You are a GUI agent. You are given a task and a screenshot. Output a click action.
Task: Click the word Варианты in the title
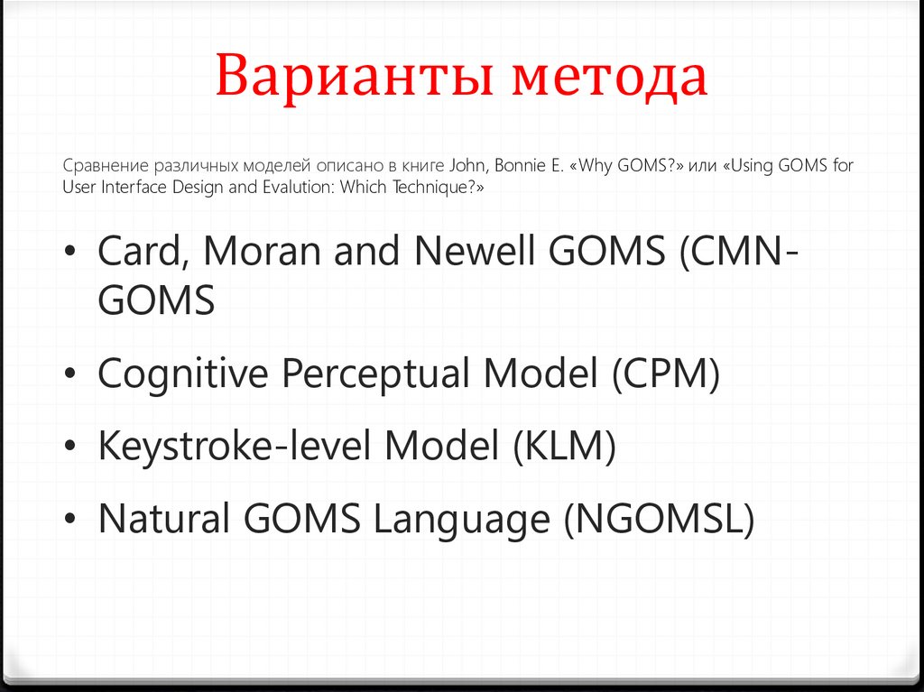[354, 76]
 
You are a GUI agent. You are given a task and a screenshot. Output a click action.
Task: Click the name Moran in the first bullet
[263, 251]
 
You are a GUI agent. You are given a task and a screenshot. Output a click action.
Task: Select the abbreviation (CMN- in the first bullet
[740, 252]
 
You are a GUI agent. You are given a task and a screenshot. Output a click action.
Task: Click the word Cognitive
[182, 374]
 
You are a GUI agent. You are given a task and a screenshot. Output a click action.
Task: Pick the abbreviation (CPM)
[666, 374]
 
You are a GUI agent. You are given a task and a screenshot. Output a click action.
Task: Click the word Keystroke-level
[235, 446]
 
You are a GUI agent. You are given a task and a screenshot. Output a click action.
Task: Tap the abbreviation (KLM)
[565, 446]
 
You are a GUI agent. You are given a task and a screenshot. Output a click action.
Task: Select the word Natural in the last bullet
[163, 519]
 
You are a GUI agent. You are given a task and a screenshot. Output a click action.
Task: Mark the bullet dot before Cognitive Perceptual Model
[70, 374]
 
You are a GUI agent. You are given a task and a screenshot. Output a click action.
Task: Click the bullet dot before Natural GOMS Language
[70, 519]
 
